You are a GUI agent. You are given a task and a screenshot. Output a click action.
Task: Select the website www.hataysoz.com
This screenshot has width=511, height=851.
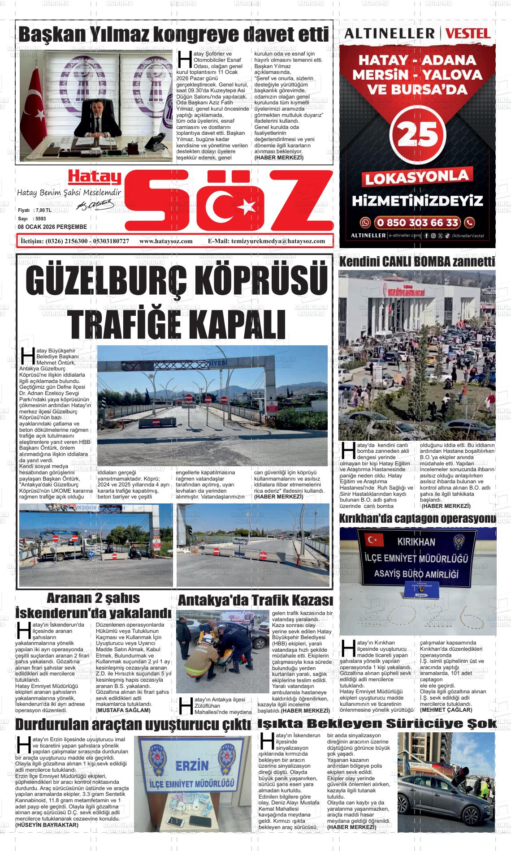166,241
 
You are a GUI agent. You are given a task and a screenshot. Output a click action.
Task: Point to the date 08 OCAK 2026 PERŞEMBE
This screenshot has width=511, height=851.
52,227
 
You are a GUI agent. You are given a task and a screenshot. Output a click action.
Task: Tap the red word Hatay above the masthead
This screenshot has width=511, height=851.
95,178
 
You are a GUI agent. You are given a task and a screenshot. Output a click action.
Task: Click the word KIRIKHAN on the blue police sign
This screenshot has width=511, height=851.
416,542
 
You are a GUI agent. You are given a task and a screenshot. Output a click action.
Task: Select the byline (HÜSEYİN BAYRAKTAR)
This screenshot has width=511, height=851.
47,825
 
